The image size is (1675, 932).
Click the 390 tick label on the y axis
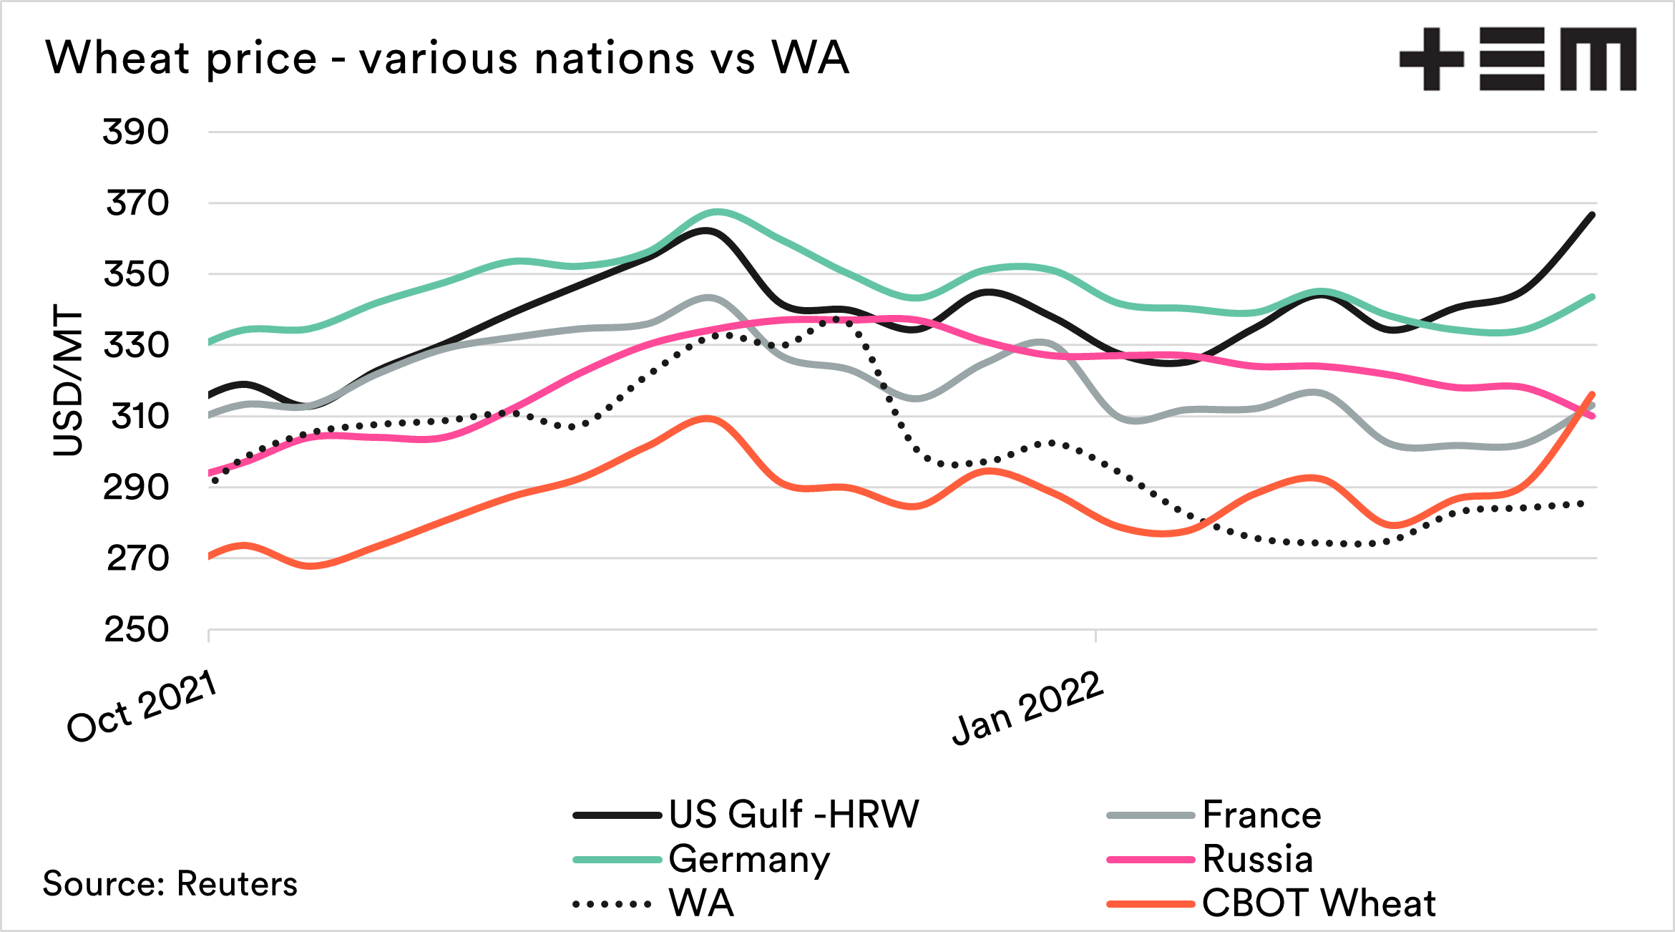click(x=136, y=132)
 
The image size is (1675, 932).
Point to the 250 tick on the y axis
click(x=136, y=630)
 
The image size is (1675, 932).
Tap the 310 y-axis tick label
click(x=140, y=416)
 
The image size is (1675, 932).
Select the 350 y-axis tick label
click(x=136, y=274)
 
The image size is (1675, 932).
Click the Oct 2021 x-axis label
click(x=142, y=707)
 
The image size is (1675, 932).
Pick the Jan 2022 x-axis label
click(x=1027, y=708)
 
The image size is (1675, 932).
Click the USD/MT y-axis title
click(x=68, y=380)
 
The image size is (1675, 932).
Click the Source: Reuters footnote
click(x=170, y=884)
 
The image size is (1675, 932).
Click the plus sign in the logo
click(x=1431, y=59)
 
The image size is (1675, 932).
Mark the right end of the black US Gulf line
click(x=1592, y=215)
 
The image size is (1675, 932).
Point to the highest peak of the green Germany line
click(x=718, y=211)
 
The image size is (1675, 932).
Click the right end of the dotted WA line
click(x=1583, y=505)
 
